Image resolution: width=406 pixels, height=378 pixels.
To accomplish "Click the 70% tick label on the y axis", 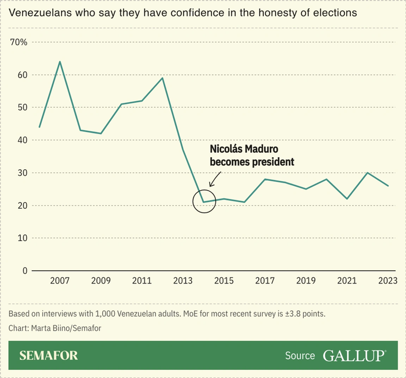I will (x=19, y=42).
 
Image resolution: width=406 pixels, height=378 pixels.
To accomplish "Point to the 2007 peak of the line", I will (x=59, y=62).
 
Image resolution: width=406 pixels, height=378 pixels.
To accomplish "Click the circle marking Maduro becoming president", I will (x=204, y=202).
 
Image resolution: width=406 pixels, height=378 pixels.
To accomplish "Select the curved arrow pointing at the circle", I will (x=215, y=179).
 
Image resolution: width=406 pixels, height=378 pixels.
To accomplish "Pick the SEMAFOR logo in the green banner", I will (x=48, y=355).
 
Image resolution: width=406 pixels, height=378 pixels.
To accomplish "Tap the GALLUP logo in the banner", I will (x=354, y=355).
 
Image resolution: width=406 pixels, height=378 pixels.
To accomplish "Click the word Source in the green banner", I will (x=300, y=355).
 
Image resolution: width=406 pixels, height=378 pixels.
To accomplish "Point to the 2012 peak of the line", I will (x=163, y=78).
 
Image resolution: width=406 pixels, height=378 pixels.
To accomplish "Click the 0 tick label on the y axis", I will (x=24, y=271).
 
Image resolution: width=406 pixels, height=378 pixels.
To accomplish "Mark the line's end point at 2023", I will (x=388, y=186).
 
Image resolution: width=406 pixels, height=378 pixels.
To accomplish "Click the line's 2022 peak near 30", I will (x=368, y=173).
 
